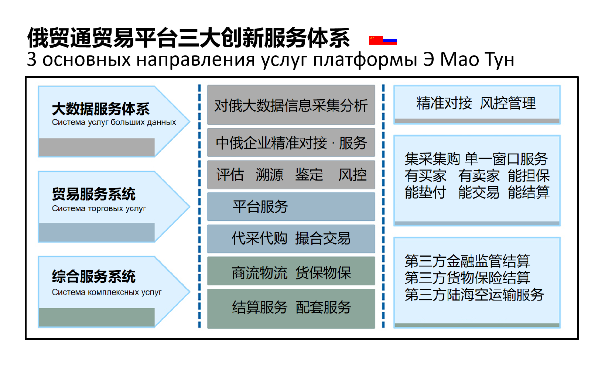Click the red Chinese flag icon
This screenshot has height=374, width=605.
tap(376, 40)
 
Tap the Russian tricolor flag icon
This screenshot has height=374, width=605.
tap(390, 40)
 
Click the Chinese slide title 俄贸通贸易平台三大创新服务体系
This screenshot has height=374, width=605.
tap(188, 38)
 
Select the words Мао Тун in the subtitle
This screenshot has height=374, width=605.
tap(477, 59)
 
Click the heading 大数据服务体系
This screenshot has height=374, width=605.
tap(101, 109)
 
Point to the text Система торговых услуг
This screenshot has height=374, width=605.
tap(99, 209)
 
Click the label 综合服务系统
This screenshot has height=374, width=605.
tap(94, 277)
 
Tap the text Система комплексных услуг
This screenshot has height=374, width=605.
tap(107, 292)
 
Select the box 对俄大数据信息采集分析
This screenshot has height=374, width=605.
tap(291, 105)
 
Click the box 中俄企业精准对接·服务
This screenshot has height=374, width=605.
tap(291, 143)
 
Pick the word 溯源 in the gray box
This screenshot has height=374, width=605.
tap(270, 174)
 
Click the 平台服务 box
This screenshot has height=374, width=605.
tap(291, 207)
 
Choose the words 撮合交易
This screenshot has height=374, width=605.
tap(323, 239)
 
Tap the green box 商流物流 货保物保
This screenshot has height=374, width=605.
tap(291, 271)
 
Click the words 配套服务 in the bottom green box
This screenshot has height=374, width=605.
tap(323, 307)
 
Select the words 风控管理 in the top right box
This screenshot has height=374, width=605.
tap(508, 103)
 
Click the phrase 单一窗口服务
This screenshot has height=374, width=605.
tap(506, 159)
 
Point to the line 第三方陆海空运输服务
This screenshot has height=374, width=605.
tap(474, 295)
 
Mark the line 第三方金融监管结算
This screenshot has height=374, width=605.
tap(468, 261)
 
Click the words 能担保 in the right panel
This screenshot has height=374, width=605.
tap(529, 176)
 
